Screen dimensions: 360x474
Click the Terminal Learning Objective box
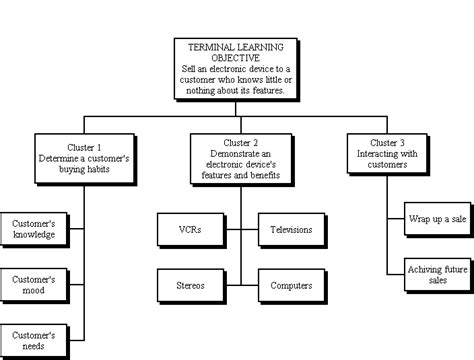pos(237,69)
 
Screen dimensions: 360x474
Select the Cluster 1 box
pos(83,156)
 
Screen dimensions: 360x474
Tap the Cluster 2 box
pos(237,156)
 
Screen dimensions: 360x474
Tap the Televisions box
pos(291,230)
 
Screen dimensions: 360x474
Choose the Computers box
pos(291,285)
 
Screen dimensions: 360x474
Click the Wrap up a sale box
pos(438,218)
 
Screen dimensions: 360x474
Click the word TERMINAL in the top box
pos(206,47)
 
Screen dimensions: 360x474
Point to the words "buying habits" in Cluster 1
pos(83,170)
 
